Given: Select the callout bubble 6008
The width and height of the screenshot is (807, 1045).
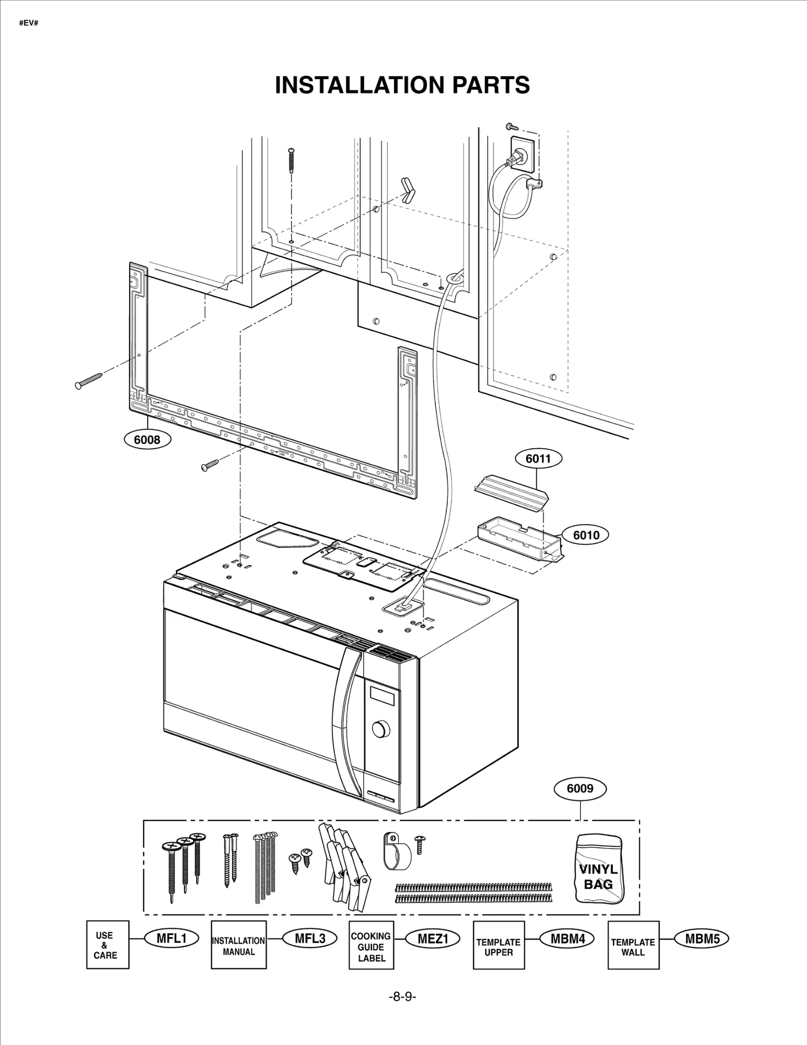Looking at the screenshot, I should pos(147,440).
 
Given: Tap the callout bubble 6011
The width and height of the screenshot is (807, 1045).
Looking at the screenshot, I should pos(538,459).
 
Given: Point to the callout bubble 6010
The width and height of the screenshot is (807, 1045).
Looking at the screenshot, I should pos(586,535).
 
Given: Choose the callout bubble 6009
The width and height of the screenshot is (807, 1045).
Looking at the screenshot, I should pos(580,788).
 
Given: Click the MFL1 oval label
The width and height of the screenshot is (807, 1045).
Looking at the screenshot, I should pos(171,938).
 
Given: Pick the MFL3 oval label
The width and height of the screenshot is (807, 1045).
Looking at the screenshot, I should pos(310,938).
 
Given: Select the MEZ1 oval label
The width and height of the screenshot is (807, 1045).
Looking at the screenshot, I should pos(433,939).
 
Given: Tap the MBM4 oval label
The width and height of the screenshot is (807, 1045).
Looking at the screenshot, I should pos(567,938).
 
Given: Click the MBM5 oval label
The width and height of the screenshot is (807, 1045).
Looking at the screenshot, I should pos(702,938).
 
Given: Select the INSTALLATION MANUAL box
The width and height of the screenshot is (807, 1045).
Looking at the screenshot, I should pos(239,945).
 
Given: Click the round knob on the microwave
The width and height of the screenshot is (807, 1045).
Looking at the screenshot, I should pos(381,729).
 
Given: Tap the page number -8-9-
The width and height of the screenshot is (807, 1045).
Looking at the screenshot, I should pos(402,997).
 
